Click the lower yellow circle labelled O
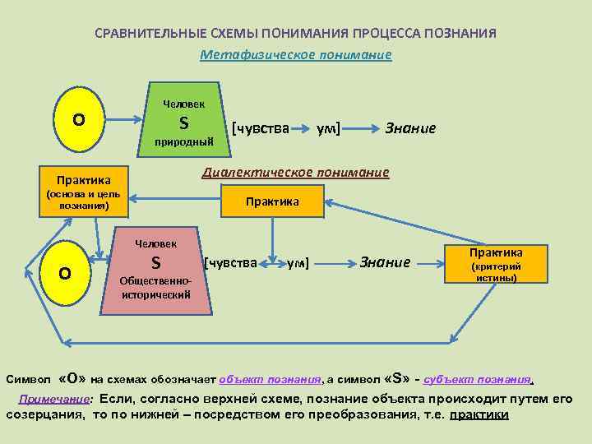pos(65,272)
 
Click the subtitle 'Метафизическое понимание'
pos(296,55)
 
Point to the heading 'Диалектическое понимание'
pos(296,173)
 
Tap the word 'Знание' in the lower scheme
pos(385,262)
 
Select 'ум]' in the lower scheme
pos(297,263)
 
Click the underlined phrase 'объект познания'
pos(270,380)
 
